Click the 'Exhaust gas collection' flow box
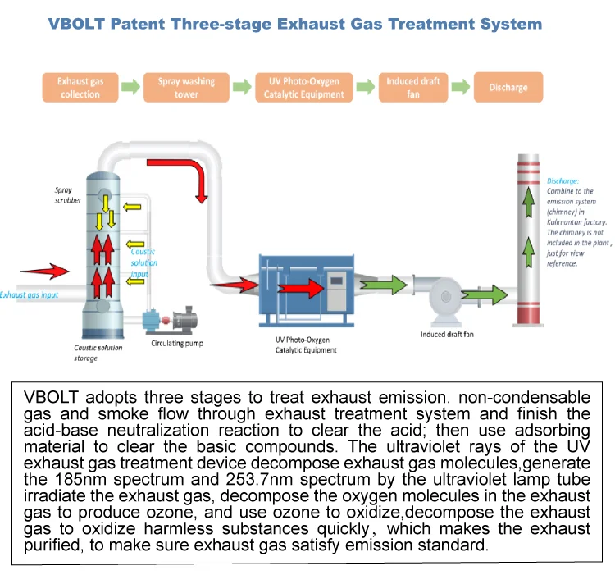coord(79,88)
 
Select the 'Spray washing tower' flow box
coord(186,88)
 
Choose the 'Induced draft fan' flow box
coord(413,88)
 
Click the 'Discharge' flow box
coord(508,88)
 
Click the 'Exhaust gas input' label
coord(29,295)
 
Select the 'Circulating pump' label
coord(176,344)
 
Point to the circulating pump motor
coord(190,316)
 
